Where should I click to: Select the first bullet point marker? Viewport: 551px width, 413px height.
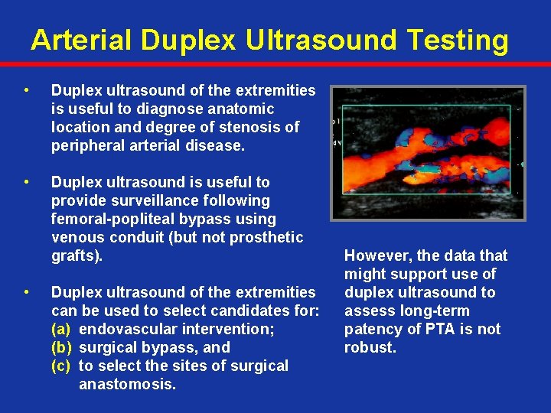click(x=28, y=91)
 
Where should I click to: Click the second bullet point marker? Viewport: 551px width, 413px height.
click(x=28, y=183)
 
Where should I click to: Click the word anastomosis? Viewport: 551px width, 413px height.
click(x=127, y=384)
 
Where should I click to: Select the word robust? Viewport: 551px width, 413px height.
click(x=371, y=347)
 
